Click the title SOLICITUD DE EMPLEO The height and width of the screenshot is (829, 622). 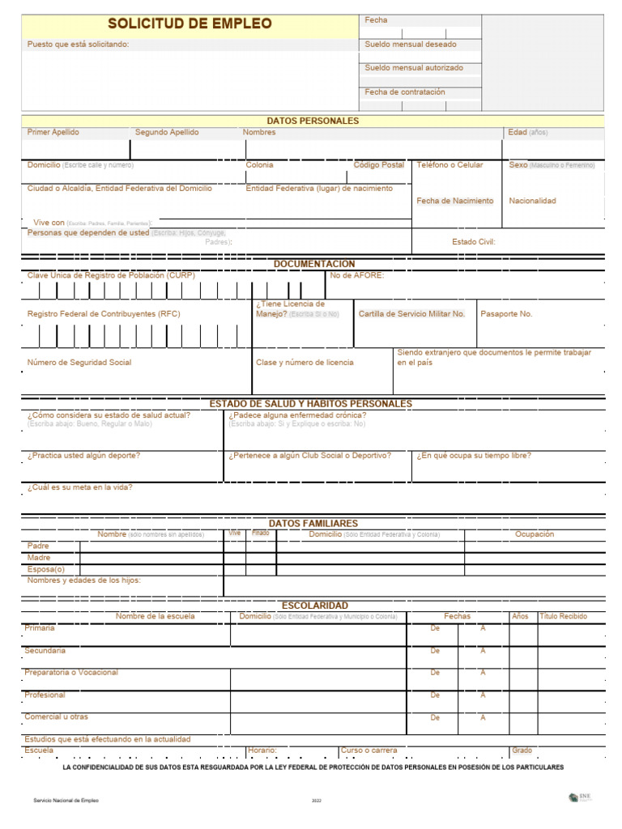click(x=190, y=24)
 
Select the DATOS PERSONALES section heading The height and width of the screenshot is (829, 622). click(x=312, y=121)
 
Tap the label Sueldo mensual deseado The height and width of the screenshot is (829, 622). click(x=411, y=45)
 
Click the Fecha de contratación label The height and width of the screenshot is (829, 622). click(x=405, y=92)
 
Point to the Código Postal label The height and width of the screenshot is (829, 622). click(x=378, y=165)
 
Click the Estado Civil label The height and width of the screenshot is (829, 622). click(x=473, y=241)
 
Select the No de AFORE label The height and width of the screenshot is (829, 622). click(x=357, y=275)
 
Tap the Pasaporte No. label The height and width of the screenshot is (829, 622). click(x=506, y=314)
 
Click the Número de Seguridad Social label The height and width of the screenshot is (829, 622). click(x=79, y=363)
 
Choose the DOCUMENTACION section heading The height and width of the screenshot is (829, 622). click(x=314, y=264)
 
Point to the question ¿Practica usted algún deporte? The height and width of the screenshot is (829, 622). click(x=83, y=456)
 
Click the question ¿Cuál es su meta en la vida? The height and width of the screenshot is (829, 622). click(x=79, y=487)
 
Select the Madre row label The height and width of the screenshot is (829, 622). click(x=39, y=558)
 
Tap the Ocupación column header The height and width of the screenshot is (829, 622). click(x=535, y=534)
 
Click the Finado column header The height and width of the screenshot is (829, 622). click(x=261, y=534)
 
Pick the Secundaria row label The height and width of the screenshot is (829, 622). click(x=45, y=651)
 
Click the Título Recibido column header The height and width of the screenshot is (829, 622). click(x=564, y=616)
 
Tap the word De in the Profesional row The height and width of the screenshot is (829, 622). click(x=435, y=695)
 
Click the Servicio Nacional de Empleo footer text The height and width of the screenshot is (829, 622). click(x=66, y=800)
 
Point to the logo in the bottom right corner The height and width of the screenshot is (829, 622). click(x=581, y=797)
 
